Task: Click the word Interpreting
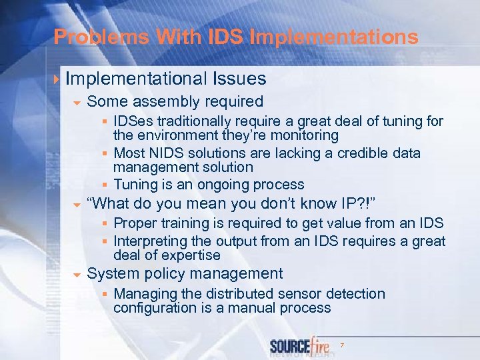coord(154,241)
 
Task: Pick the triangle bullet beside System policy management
coord(77,274)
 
